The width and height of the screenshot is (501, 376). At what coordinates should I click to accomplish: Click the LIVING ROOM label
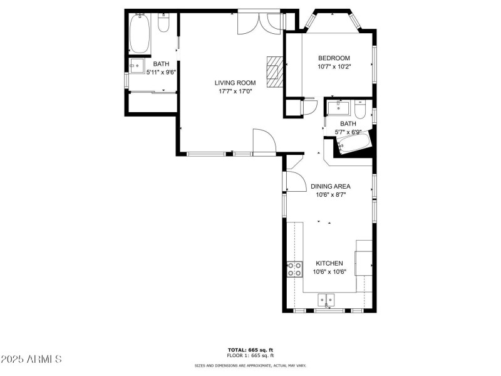(x=235, y=83)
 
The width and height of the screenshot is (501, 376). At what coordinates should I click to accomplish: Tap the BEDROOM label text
(x=334, y=58)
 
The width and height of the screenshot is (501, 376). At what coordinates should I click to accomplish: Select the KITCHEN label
(x=329, y=263)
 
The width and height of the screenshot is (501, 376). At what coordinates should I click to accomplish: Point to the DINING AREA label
(x=330, y=186)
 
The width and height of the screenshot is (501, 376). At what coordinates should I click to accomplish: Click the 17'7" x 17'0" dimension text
(x=235, y=91)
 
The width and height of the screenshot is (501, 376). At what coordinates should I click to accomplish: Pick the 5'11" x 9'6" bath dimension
(x=161, y=72)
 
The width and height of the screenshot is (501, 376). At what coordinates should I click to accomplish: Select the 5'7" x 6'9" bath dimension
(x=348, y=132)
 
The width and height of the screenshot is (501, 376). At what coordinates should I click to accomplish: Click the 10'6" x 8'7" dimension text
(x=330, y=195)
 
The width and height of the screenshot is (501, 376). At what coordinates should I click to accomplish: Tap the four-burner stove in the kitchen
(x=294, y=269)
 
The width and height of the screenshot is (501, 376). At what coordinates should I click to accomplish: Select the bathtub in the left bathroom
(x=139, y=33)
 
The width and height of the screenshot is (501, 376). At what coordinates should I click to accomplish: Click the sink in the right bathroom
(x=338, y=107)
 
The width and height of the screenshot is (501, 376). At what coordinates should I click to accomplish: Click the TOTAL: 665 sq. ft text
(x=250, y=350)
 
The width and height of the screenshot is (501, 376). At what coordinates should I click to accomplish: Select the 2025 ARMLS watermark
(x=31, y=360)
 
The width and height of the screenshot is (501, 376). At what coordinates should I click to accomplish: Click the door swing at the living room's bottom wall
(x=264, y=141)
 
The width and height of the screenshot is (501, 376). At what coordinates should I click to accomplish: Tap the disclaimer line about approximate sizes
(x=250, y=365)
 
